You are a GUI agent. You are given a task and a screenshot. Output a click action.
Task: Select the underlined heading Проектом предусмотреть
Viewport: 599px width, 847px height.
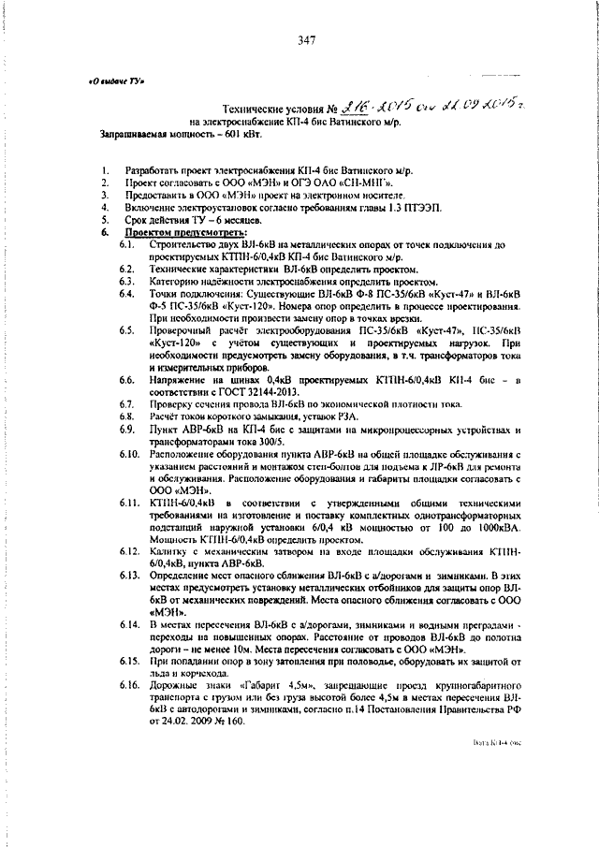pos(174,230)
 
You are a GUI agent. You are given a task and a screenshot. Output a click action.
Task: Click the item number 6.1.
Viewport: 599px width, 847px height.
pos(129,243)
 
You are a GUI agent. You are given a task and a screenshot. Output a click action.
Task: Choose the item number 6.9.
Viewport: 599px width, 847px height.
pos(129,429)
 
